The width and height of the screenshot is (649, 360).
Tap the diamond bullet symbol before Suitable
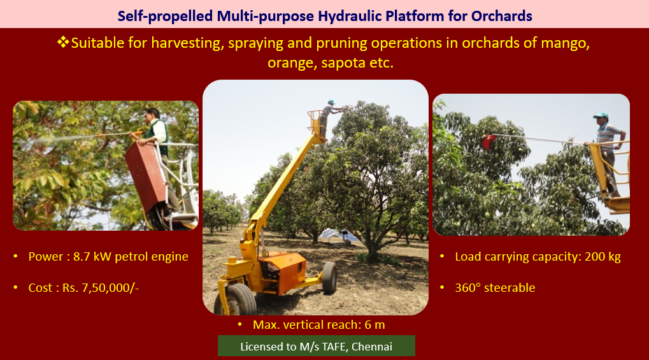pos(63,42)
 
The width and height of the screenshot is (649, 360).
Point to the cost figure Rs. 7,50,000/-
pos(101,287)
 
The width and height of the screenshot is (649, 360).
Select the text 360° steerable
pos(495,287)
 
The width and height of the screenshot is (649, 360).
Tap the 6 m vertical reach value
pos(374,324)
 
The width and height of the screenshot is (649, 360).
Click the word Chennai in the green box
pos(372,347)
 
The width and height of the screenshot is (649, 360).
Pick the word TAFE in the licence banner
pos(334,347)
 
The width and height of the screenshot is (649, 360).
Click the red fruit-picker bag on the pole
pos(489,142)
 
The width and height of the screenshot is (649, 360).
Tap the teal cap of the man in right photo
pos(601,115)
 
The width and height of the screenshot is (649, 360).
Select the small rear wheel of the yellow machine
pos(329,278)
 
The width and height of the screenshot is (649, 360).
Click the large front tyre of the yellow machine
pos(236,299)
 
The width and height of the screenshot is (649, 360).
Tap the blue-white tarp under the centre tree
pos(339,235)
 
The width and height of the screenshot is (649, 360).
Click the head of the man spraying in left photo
pos(152,114)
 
